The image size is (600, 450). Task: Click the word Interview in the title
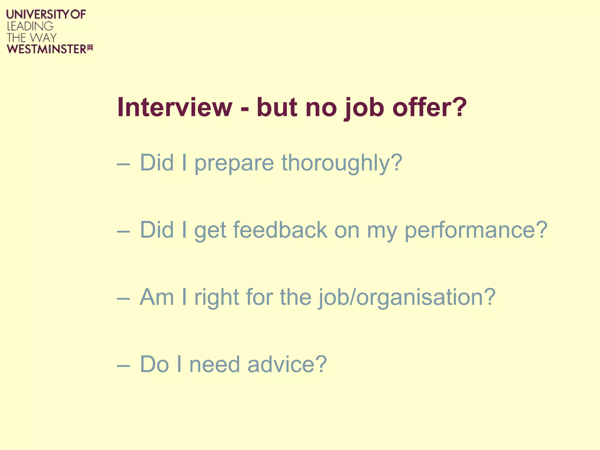pyautogui.click(x=175, y=107)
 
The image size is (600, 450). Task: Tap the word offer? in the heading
pyautogui.click(x=429, y=107)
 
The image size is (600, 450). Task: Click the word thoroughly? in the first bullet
pyautogui.click(x=342, y=163)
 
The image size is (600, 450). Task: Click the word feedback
pyautogui.click(x=280, y=230)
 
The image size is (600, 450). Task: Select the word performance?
pyautogui.click(x=476, y=231)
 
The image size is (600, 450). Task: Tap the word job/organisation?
pyautogui.click(x=407, y=298)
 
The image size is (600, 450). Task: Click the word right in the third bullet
pyautogui.click(x=217, y=298)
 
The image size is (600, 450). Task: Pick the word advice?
pyautogui.click(x=287, y=364)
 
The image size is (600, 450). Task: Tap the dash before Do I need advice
pyautogui.click(x=123, y=366)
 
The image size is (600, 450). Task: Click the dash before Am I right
pyautogui.click(x=123, y=299)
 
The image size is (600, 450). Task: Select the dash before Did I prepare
pyautogui.click(x=123, y=165)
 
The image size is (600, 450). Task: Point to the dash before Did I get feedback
pyautogui.click(x=123, y=232)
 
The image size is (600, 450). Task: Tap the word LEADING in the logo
pyautogui.click(x=30, y=26)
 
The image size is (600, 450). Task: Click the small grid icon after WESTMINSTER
pyautogui.click(x=90, y=48)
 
